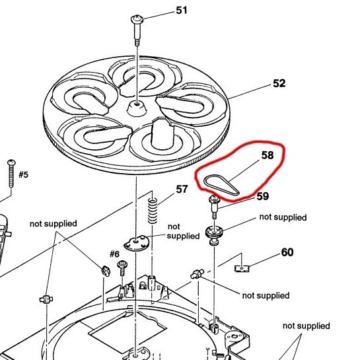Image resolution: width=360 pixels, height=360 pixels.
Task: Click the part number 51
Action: [180, 11]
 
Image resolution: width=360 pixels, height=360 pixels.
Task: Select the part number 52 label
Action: [279, 84]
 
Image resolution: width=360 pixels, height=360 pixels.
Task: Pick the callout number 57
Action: [181, 190]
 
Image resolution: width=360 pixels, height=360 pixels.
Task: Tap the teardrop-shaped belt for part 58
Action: [219, 183]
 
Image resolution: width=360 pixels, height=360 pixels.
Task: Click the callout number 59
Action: [262, 196]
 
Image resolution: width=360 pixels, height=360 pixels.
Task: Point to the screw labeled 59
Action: [215, 208]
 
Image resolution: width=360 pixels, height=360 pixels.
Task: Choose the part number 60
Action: [287, 252]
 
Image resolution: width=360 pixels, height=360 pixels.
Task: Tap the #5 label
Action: [23, 174]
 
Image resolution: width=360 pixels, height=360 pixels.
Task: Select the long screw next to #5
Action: [11, 174]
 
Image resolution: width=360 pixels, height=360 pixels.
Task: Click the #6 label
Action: [114, 254]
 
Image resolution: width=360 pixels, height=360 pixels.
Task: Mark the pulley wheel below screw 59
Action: [215, 233]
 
